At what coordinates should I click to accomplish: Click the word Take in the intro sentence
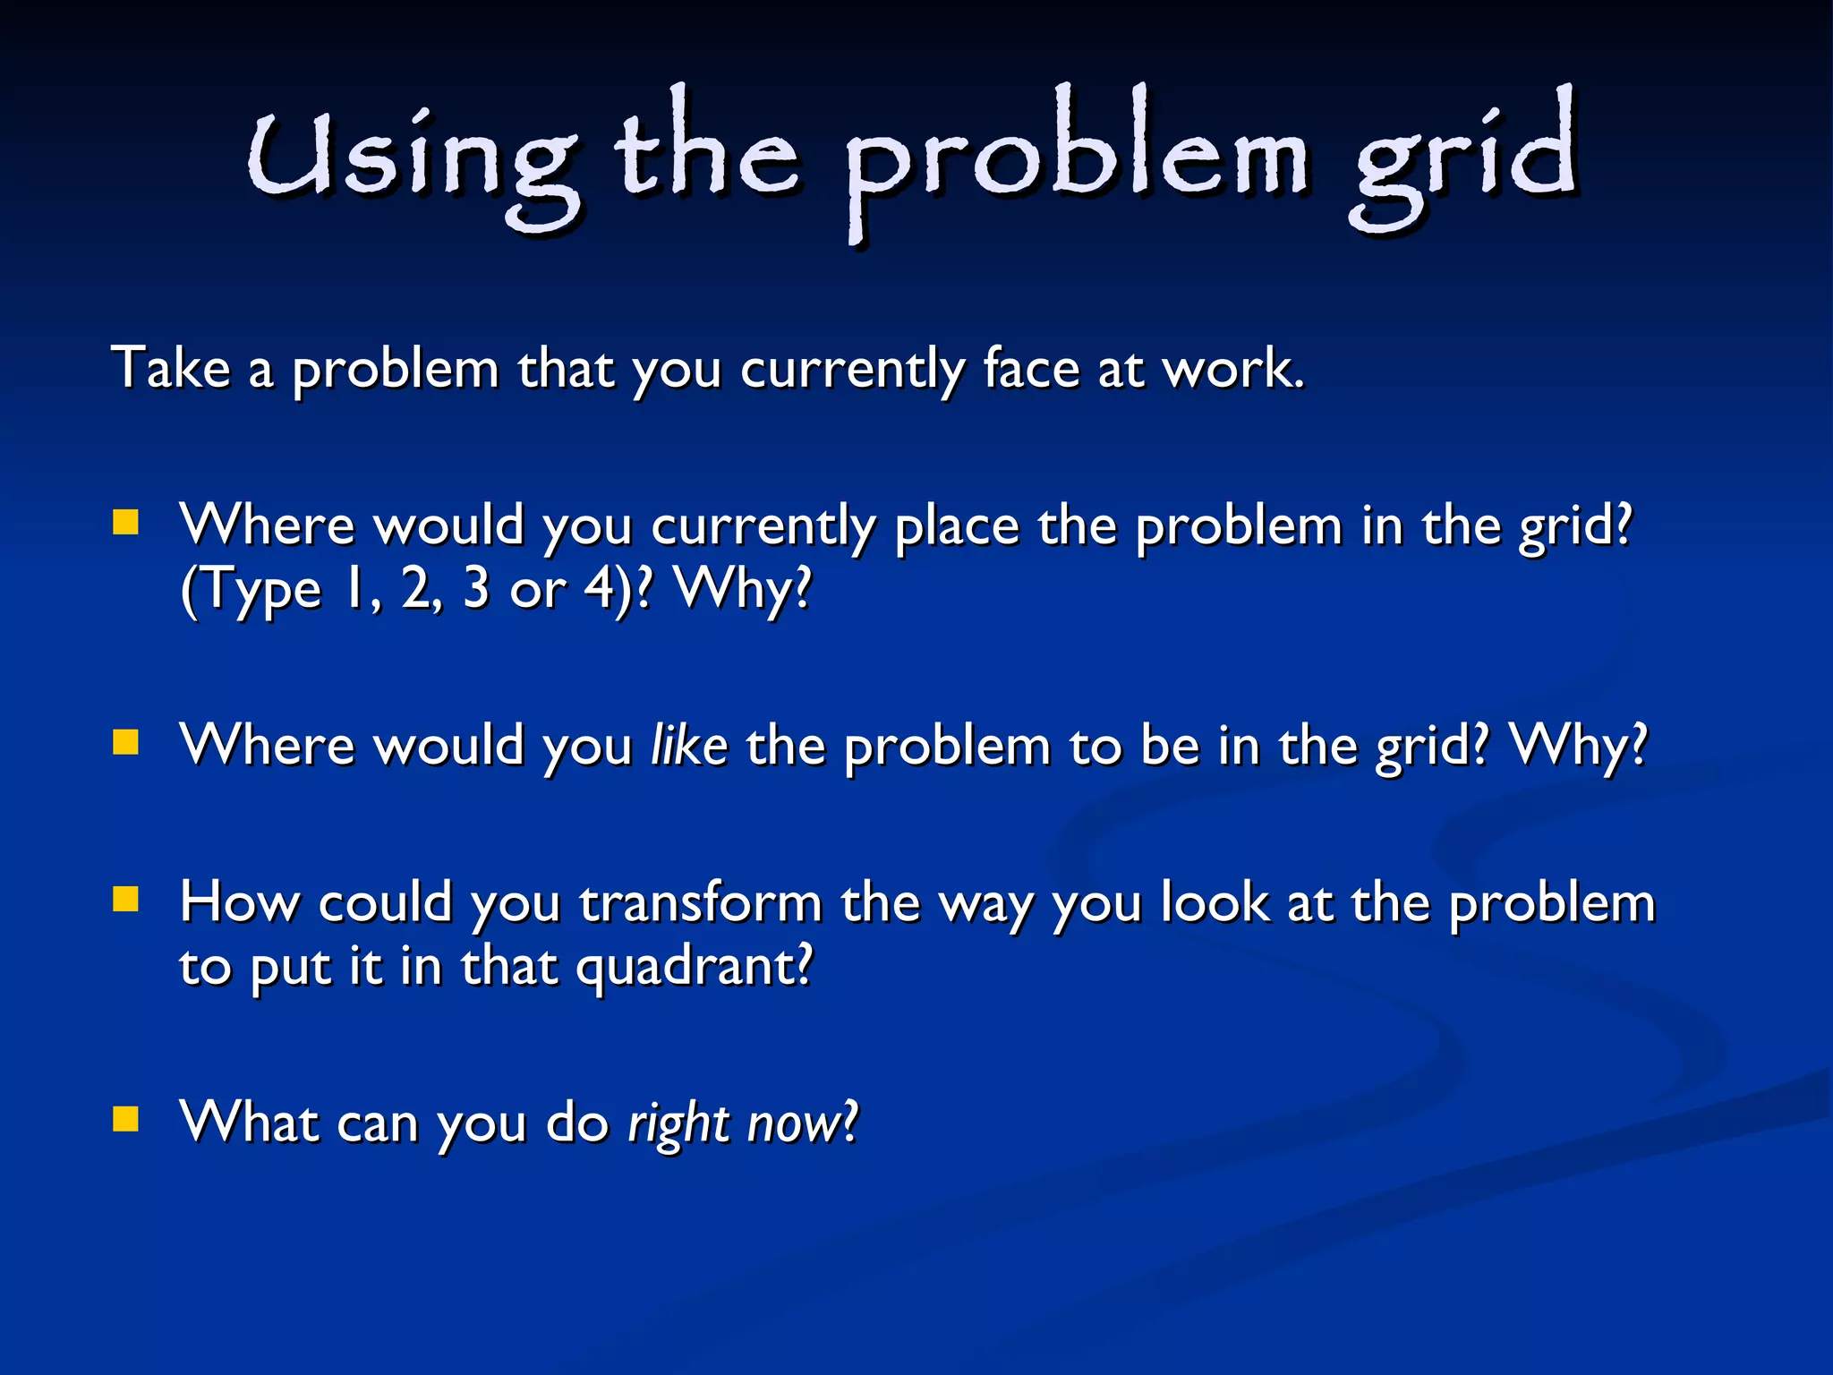coord(170,368)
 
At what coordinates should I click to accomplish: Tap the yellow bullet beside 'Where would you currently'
coord(126,522)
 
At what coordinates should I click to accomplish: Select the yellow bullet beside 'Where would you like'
coord(126,742)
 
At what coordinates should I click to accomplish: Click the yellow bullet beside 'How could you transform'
coord(126,899)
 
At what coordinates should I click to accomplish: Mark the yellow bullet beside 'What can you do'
coord(126,1119)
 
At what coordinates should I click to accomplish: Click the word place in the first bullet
coord(957,525)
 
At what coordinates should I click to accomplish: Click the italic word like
coord(689,745)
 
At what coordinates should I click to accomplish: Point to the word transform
coord(700,902)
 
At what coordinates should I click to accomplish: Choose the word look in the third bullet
coord(1214,902)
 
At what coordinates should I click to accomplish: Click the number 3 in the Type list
coord(476,589)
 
